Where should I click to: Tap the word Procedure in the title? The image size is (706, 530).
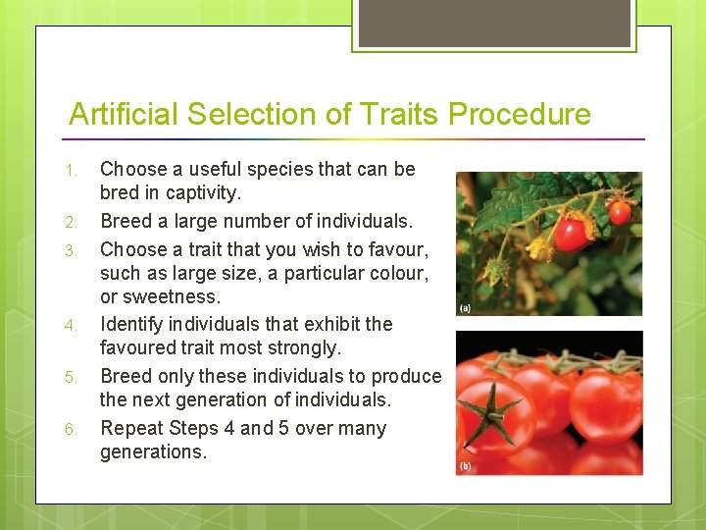point(520,115)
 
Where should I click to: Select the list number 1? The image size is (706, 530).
point(70,172)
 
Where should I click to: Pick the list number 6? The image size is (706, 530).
point(70,430)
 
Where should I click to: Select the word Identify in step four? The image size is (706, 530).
point(135,324)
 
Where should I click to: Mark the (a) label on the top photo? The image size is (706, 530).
point(465,308)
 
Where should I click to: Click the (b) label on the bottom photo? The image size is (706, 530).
point(465,466)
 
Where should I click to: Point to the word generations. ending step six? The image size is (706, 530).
point(153,452)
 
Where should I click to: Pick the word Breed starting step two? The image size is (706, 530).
point(126,221)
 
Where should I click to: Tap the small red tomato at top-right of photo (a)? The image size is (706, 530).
point(620,211)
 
